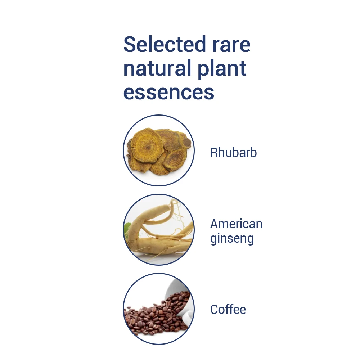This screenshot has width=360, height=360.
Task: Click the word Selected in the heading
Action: pyautogui.click(x=165, y=44)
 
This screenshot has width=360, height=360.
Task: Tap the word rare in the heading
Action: pyautogui.click(x=231, y=45)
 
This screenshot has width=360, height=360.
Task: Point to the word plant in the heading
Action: pyautogui.click(x=222, y=69)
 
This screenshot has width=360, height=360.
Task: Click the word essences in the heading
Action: pyautogui.click(x=169, y=93)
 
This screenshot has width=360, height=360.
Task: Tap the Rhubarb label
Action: pyautogui.click(x=233, y=152)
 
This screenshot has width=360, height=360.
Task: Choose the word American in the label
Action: pyautogui.click(x=236, y=224)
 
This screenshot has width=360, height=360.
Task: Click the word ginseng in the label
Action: pyautogui.click(x=232, y=239)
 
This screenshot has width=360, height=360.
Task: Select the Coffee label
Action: pyautogui.click(x=228, y=309)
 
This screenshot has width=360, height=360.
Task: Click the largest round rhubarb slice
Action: pyautogui.click(x=147, y=145)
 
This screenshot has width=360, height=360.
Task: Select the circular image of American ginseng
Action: pyautogui.click(x=159, y=230)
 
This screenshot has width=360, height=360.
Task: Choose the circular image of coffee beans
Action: pyautogui.click(x=159, y=309)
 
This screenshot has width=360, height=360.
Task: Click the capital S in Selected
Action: pyautogui.click(x=130, y=44)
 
